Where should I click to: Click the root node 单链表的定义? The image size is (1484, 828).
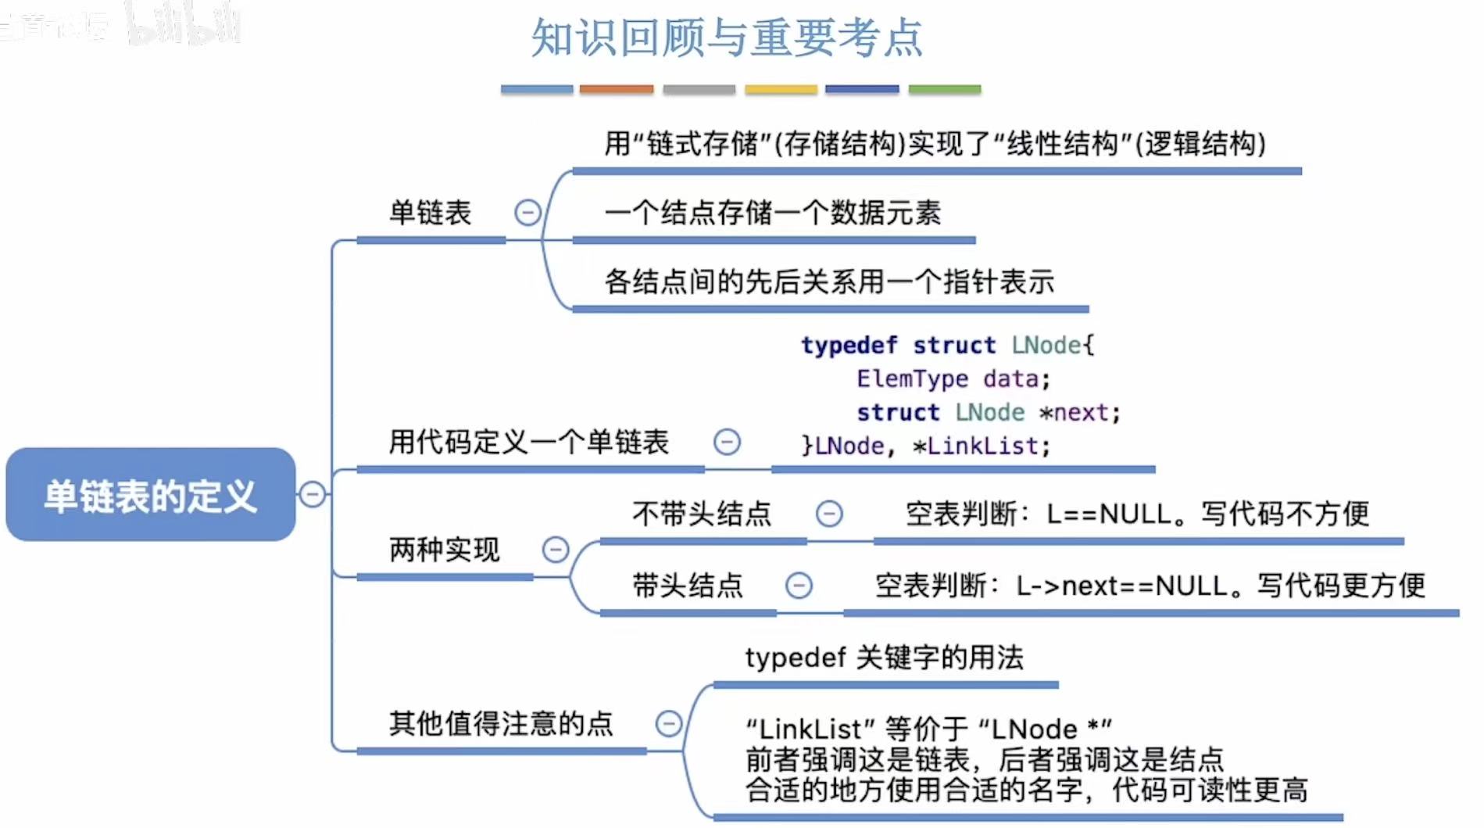pos(150,495)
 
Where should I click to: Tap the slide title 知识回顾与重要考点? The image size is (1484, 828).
pos(727,38)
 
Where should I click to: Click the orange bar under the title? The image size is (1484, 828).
pos(616,90)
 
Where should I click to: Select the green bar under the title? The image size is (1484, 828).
pos(944,90)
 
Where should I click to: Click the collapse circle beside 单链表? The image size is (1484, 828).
pos(527,213)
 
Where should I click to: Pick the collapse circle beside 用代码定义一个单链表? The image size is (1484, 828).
pos(727,443)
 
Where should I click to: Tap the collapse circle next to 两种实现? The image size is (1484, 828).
pos(556,550)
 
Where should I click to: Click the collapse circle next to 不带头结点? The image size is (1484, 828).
pos(829,514)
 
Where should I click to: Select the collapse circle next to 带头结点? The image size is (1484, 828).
pos(799,586)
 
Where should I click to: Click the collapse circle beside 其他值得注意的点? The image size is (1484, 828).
pos(669,723)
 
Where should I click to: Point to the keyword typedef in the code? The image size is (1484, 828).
pos(849,345)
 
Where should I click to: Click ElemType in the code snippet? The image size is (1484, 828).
pos(912,379)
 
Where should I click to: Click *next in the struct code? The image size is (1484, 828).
pos(1079,413)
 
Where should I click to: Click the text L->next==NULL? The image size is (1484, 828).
pos(1121,586)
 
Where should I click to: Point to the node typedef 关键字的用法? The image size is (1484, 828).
pos(884,658)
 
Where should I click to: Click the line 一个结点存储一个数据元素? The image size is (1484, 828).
pos(772,213)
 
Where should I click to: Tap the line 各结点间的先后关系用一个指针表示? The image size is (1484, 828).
pos(829,281)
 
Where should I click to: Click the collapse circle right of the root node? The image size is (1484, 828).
pos(313,494)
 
